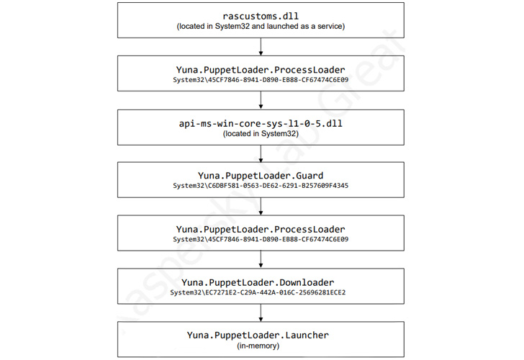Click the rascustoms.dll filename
[261, 15]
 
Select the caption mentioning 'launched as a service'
[261, 27]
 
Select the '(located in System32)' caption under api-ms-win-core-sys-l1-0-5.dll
[261, 133]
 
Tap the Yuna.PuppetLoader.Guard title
[261, 175]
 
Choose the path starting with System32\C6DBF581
[261, 186]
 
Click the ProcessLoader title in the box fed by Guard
[261, 228]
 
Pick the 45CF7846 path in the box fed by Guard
[261, 239]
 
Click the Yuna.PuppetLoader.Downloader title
[261, 282]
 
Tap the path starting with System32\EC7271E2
[261, 292]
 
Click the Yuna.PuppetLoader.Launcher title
[261, 335]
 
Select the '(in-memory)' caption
[261, 346]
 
